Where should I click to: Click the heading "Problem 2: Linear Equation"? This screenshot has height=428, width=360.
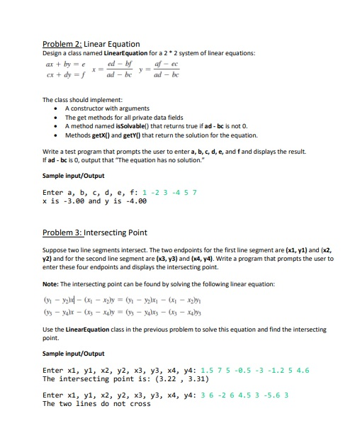click(91, 44)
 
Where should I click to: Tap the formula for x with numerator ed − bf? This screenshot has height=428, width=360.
click(120, 69)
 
